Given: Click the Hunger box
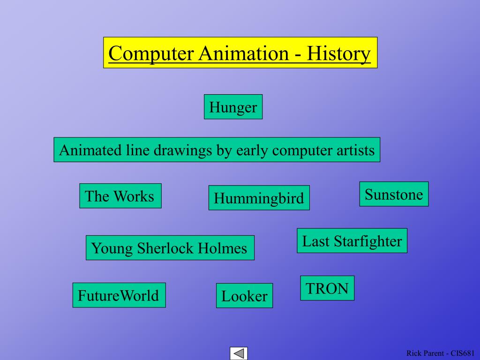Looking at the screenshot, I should (233, 107).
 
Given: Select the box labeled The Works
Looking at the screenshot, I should (120, 195).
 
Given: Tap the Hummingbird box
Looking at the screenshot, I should (259, 198).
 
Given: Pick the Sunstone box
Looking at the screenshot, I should (394, 194).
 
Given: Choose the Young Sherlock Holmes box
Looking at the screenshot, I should (170, 248).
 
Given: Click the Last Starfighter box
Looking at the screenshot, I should (352, 241).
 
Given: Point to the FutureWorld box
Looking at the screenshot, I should (119, 295).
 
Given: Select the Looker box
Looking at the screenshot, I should (244, 296).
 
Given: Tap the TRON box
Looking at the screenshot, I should (327, 288).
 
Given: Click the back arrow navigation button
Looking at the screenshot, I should (239, 353).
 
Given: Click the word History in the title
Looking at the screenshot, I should (338, 53).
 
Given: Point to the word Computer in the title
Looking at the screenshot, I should (150, 53).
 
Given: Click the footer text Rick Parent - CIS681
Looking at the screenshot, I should (441, 353).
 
